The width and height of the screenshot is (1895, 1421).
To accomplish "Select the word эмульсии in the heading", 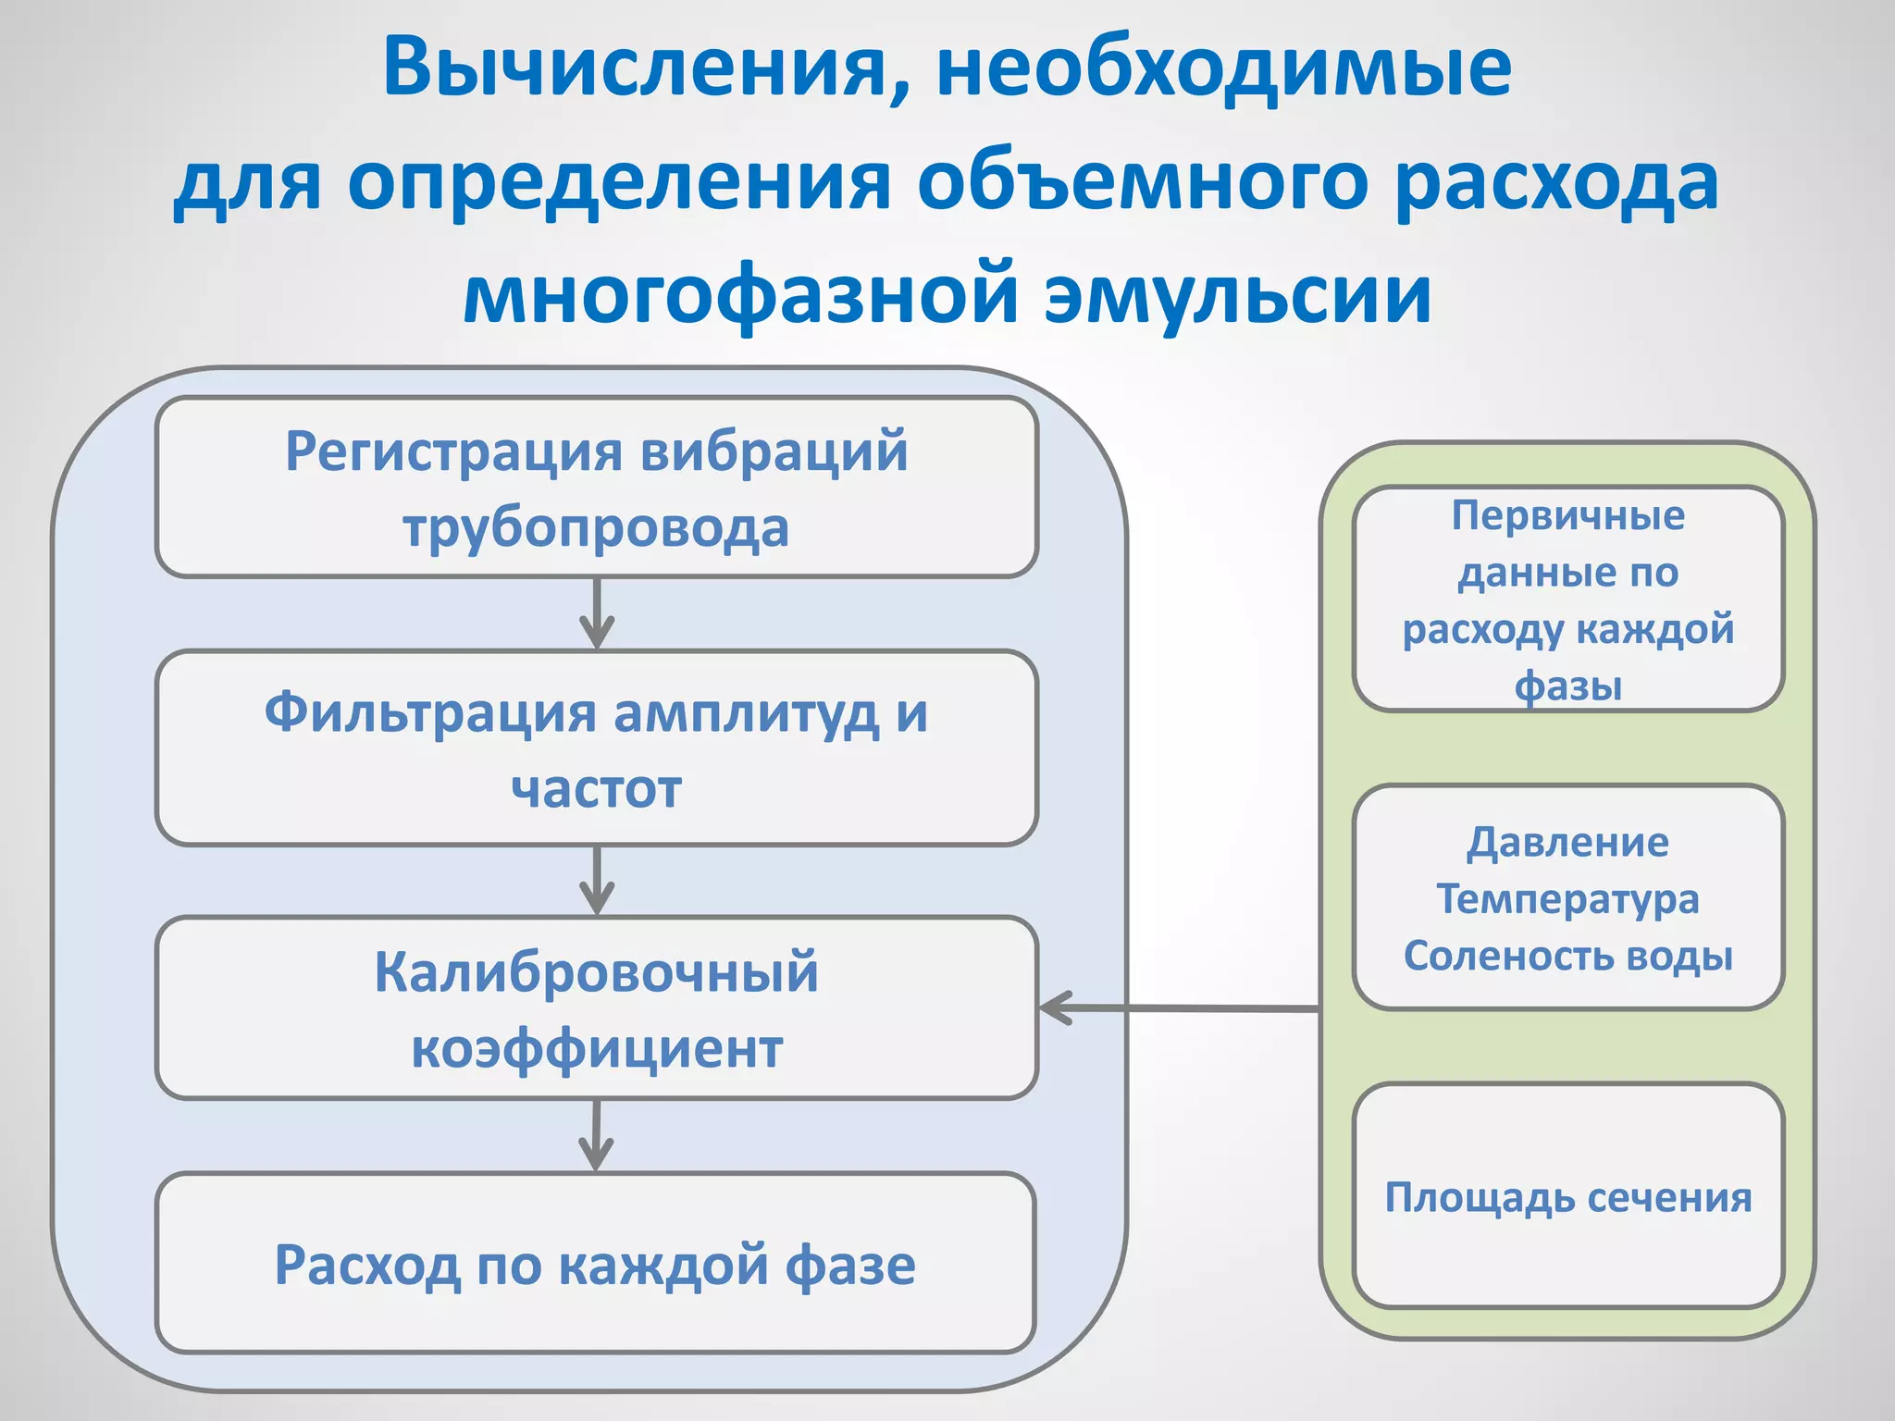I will [1238, 294].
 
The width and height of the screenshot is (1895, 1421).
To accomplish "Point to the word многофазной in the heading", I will [740, 294].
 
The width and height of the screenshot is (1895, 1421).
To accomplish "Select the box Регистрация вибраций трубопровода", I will [596, 488].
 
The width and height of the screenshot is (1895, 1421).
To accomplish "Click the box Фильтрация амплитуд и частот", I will [596, 748].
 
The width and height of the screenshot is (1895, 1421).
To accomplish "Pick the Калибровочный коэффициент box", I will [596, 1008].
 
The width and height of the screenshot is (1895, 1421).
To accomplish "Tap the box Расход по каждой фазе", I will [596, 1264].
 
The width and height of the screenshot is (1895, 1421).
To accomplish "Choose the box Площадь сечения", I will [1567, 1196].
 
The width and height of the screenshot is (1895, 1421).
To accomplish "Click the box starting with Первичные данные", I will [1567, 599].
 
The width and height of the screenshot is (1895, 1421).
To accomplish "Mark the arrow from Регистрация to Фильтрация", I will [597, 613].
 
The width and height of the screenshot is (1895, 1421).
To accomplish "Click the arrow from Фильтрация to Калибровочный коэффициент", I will [597, 880].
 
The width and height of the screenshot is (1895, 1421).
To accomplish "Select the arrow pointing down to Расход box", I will [596, 1135].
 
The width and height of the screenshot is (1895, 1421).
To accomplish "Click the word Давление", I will [1567, 842].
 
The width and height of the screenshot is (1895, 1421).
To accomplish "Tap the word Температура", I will [1567, 898].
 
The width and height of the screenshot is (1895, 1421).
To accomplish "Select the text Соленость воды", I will [1567, 956].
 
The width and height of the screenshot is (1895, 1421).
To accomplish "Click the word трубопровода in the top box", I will [596, 528].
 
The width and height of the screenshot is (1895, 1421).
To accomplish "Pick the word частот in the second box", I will [596, 789].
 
